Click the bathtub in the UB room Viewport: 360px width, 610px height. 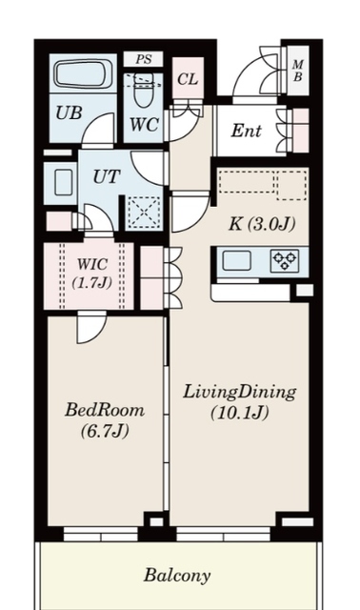coord(83,74)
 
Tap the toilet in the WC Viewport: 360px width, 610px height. coord(143,91)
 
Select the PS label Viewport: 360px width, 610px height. coord(144,60)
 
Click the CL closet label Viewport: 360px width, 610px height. coord(188,79)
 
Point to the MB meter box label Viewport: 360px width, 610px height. coord(298,71)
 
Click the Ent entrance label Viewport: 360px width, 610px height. coord(246,131)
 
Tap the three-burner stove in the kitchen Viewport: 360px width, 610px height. coord(285,260)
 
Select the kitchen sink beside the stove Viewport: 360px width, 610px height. coord(236,260)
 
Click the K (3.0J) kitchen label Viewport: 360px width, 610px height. coord(262,225)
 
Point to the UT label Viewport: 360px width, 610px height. coord(106,177)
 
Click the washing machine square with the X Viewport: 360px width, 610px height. coord(144,212)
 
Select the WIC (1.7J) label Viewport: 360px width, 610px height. coord(92,274)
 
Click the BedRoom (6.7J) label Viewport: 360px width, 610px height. coord(105,420)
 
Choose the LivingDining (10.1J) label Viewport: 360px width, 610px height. coord(240,402)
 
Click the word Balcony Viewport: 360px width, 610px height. coord(177,576)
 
